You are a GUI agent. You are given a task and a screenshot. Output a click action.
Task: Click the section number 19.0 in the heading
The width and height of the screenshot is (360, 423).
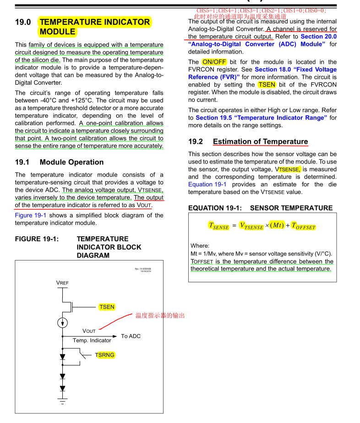pyautogui.click(x=23, y=22)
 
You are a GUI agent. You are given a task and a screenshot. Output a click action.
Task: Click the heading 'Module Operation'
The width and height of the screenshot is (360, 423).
pyautogui.click(x=71, y=162)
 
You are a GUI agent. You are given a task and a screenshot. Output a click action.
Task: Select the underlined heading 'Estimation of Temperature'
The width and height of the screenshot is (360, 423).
pyautogui.click(x=260, y=141)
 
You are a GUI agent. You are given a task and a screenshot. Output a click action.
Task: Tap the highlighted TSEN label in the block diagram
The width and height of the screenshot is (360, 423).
pyautogui.click(x=107, y=307)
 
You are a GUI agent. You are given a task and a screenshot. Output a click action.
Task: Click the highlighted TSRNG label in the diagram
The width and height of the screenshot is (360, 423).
pyautogui.click(x=105, y=355)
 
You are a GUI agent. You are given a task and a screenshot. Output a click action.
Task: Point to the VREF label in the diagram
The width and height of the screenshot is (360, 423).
pyautogui.click(x=62, y=282)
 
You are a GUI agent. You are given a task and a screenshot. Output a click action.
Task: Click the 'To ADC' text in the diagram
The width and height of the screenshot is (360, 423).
pyautogui.click(x=131, y=336)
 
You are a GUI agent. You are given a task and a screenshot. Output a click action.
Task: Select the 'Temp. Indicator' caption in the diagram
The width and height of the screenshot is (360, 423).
pyautogui.click(x=92, y=340)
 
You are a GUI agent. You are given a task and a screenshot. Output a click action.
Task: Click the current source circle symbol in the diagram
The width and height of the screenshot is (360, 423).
pyautogui.click(x=62, y=323)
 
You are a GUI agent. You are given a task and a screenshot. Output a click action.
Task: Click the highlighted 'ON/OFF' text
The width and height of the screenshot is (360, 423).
pyautogui.click(x=213, y=62)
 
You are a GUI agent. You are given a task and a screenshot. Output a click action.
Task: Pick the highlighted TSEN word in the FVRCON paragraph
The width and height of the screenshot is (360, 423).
pyautogui.click(x=267, y=84)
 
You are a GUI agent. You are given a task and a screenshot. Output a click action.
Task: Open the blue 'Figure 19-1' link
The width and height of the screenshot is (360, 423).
pyautogui.click(x=30, y=215)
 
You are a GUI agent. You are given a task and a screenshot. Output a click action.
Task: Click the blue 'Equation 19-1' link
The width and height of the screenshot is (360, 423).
pyautogui.click(x=207, y=184)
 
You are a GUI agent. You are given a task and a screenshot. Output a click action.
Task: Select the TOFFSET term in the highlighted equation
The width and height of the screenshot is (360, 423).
pyautogui.click(x=303, y=226)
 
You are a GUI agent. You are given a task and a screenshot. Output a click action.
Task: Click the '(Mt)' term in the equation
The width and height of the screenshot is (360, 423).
pyautogui.click(x=277, y=225)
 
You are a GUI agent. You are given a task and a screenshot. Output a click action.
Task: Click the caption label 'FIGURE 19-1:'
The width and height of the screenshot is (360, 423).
pyautogui.click(x=37, y=239)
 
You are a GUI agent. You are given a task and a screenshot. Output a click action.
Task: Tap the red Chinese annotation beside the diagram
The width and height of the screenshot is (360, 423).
pyautogui.click(x=160, y=316)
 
